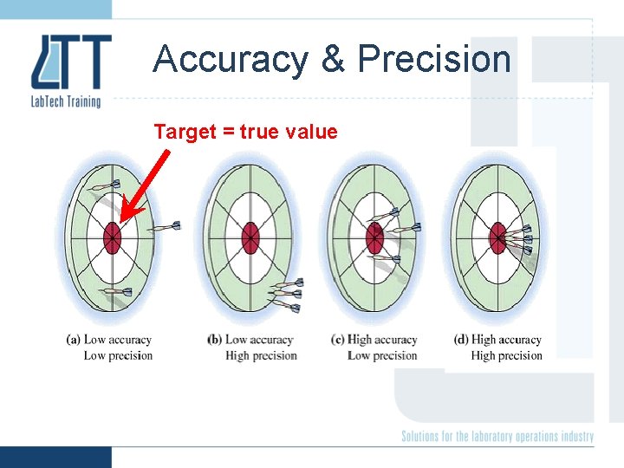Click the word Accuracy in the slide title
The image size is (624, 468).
[x=230, y=59]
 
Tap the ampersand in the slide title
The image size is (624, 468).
[x=332, y=59]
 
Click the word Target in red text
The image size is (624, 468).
[x=185, y=132]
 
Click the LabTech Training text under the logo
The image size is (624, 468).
[x=66, y=101]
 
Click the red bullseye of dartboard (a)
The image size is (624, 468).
[x=112, y=236]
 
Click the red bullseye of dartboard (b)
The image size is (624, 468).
[x=250, y=235]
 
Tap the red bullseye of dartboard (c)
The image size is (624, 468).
[x=374, y=236]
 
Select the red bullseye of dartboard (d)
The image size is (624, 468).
[x=497, y=237]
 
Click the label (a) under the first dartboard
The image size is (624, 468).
[x=74, y=340]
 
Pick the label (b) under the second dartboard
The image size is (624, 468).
[x=214, y=340]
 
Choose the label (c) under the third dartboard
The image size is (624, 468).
[x=338, y=340]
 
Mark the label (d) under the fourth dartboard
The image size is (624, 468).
[x=461, y=340]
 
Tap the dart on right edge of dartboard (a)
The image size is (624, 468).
[x=165, y=227]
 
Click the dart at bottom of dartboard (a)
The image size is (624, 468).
[x=114, y=292]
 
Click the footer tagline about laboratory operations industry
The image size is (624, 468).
[x=497, y=436]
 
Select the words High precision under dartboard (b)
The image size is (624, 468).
[x=261, y=355]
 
